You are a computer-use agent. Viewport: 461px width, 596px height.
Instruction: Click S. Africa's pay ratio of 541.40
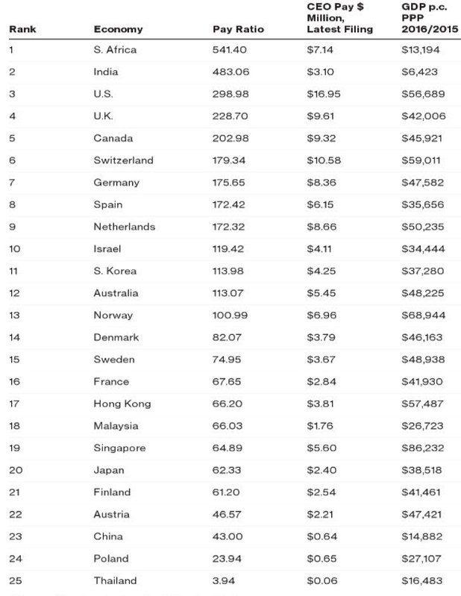230,50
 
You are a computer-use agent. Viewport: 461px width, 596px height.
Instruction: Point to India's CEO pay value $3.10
319,72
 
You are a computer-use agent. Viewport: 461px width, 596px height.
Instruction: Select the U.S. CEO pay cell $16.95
322,94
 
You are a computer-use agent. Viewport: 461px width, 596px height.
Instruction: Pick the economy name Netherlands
124,227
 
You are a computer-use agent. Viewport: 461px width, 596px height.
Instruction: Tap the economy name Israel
107,249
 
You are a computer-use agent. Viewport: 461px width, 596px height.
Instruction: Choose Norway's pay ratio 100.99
230,316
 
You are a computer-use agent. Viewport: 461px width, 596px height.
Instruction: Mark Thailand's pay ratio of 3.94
225,581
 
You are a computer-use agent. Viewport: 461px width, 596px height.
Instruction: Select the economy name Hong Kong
122,404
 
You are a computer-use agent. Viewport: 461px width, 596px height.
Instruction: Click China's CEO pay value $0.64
319,537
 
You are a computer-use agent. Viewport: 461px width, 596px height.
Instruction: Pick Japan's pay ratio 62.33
227,471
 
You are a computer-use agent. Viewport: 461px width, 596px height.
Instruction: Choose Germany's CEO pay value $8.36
319,183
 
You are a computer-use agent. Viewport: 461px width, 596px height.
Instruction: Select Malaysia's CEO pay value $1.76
319,426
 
